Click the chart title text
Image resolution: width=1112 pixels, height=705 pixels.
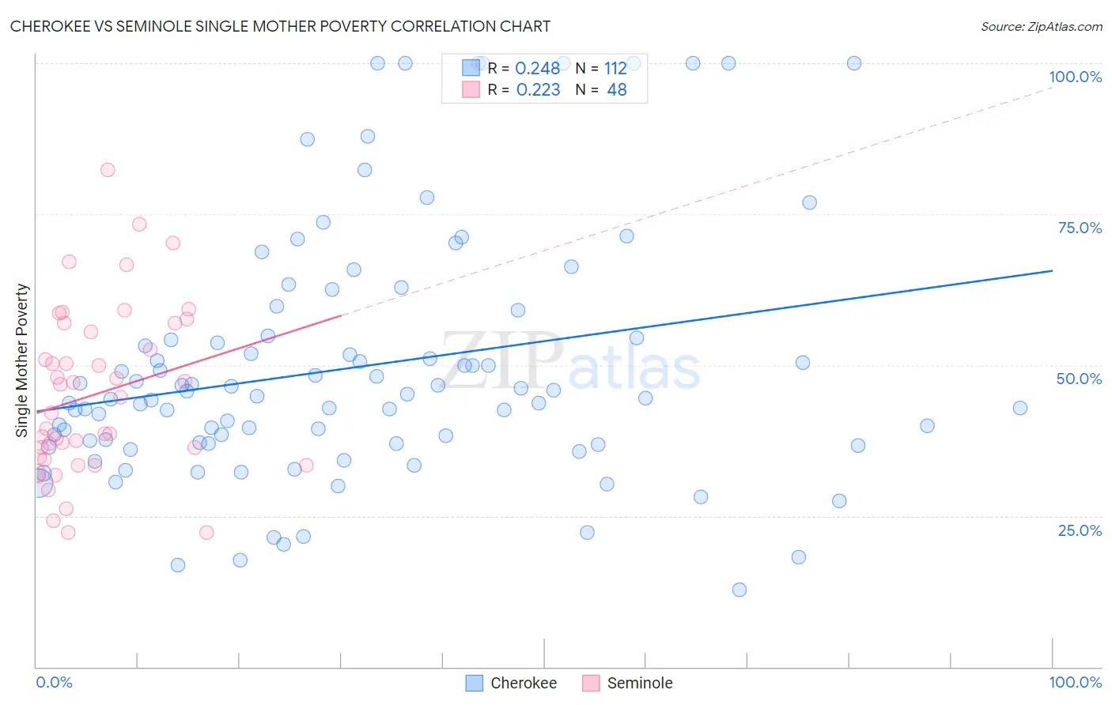tap(280, 26)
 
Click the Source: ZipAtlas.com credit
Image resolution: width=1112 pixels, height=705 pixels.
tap(1041, 26)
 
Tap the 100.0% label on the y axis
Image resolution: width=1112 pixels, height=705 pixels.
tap(1075, 77)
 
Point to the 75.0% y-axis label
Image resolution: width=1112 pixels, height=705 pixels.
tap(1080, 228)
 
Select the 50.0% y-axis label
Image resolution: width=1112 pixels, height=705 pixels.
tap(1079, 379)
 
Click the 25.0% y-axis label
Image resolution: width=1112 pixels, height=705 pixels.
tap(1080, 530)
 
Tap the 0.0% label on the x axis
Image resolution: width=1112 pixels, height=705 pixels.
tap(54, 682)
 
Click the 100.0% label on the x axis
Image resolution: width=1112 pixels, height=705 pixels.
tap(1075, 682)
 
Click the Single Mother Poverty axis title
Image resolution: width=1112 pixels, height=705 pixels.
tap(22, 360)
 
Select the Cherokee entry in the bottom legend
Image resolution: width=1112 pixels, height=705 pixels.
tap(523, 683)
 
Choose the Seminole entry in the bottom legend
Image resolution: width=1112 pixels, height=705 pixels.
tap(639, 683)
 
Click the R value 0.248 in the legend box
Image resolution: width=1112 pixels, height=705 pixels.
tap(537, 69)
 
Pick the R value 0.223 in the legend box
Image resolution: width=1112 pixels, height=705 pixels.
tap(538, 90)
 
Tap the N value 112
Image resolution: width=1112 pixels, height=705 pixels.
tap(615, 69)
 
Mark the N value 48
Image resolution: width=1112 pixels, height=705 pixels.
tap(616, 90)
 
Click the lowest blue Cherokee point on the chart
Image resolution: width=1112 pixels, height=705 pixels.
tap(739, 590)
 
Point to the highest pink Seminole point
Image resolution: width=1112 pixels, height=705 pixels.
tap(108, 170)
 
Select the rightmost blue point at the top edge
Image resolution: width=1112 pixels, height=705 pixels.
tap(854, 63)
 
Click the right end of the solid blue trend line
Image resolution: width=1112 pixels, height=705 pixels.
tap(1052, 271)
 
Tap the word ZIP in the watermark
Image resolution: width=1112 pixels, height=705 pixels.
tap(501, 361)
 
